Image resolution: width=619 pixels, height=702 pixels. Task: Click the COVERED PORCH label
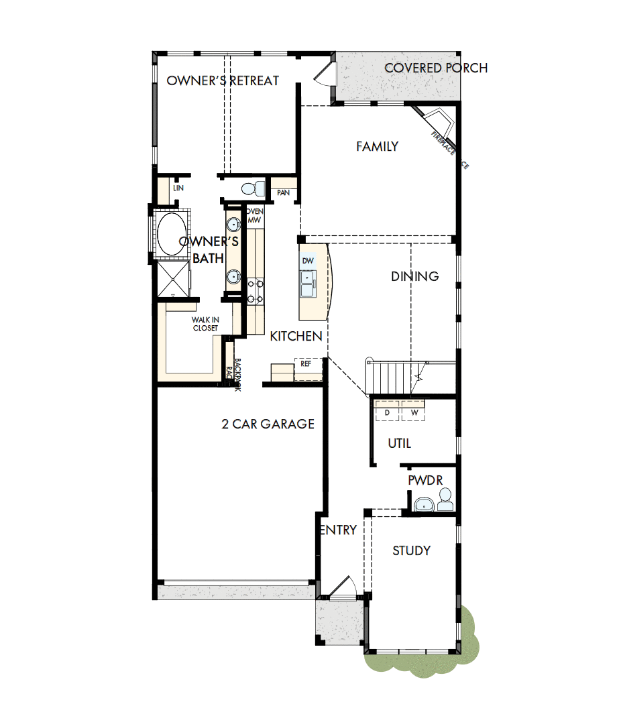[x=435, y=68]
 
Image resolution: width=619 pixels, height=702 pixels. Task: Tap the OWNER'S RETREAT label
[x=223, y=80]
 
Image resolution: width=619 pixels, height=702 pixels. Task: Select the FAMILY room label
[x=377, y=146]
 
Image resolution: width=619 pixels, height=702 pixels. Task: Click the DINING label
[x=415, y=276]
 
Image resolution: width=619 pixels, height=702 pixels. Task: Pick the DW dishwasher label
[x=308, y=261]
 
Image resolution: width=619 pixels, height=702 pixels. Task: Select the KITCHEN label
[x=296, y=337]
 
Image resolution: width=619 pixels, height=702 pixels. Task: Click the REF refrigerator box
[x=306, y=364]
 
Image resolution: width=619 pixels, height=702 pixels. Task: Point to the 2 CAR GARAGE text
[x=268, y=424]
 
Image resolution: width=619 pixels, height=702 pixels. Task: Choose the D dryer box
[x=387, y=412]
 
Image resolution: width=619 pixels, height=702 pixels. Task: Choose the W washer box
[x=414, y=412]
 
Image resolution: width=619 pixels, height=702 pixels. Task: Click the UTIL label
[x=399, y=443]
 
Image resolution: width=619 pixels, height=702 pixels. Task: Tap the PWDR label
[x=423, y=481]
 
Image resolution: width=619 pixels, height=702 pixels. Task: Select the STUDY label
[x=411, y=550]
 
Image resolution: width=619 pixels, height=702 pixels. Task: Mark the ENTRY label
[x=338, y=530]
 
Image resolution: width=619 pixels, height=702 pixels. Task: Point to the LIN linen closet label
[x=178, y=188]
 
